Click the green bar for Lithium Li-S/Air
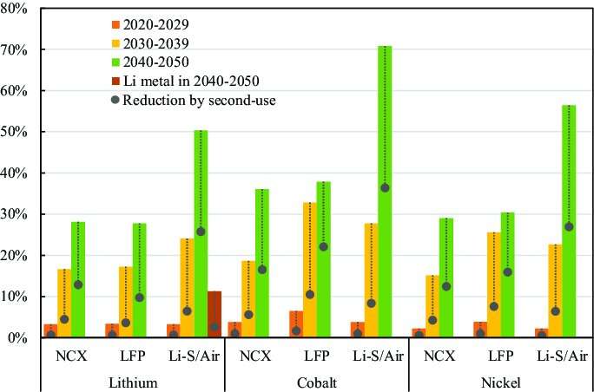pos(201,233)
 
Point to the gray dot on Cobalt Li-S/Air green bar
pos(385,188)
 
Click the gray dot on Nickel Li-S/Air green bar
pos(568,226)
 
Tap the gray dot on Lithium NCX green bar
pos(78,284)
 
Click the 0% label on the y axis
pos(20,337)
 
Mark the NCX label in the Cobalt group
pos(255,356)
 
